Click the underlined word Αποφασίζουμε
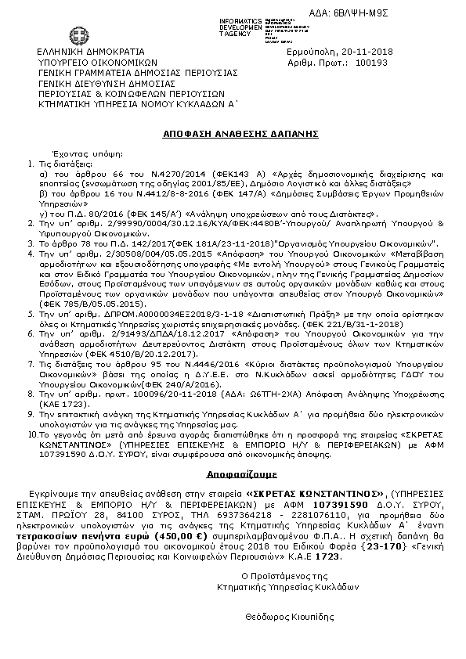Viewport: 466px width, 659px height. [232, 474]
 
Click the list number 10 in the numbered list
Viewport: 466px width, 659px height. [32, 430]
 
